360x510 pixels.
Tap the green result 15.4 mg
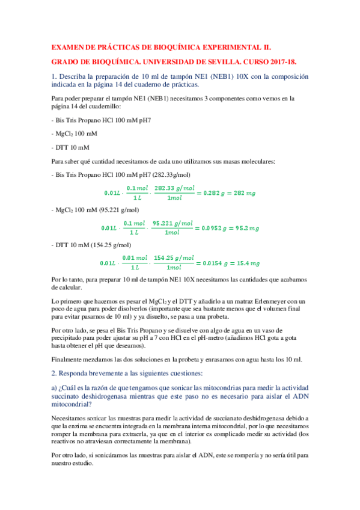(x=248, y=263)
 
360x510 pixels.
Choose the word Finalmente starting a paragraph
(x=67, y=360)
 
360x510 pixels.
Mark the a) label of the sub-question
(x=55, y=388)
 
